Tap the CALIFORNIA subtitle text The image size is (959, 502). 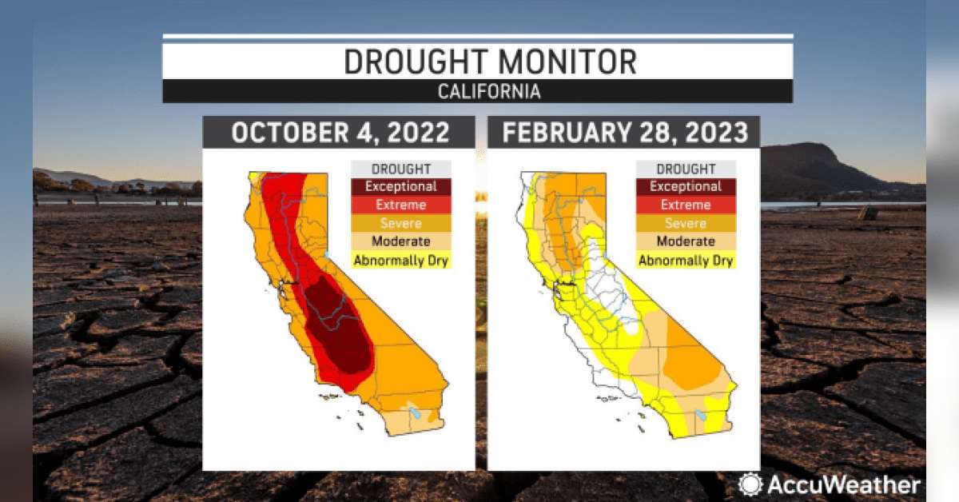(489, 92)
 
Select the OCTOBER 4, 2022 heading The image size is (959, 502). (340, 132)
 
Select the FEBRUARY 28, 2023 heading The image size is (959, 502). (625, 132)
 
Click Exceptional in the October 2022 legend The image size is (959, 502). (400, 186)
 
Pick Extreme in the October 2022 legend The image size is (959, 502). (400, 205)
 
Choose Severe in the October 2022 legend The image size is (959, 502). (400, 223)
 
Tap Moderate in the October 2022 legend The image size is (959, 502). (400, 241)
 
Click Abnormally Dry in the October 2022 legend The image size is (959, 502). (400, 261)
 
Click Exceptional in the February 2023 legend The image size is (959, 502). (686, 186)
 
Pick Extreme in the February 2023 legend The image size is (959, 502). (686, 205)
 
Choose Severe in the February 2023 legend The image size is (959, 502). (686, 223)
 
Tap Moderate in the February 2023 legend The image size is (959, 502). (686, 241)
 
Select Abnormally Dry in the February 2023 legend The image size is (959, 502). (686, 261)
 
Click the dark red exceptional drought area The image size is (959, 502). (338, 325)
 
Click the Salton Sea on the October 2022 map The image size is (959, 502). (415, 412)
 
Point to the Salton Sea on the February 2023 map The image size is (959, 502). (700, 416)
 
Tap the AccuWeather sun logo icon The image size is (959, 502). (750, 484)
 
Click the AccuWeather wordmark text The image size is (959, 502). (844, 485)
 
